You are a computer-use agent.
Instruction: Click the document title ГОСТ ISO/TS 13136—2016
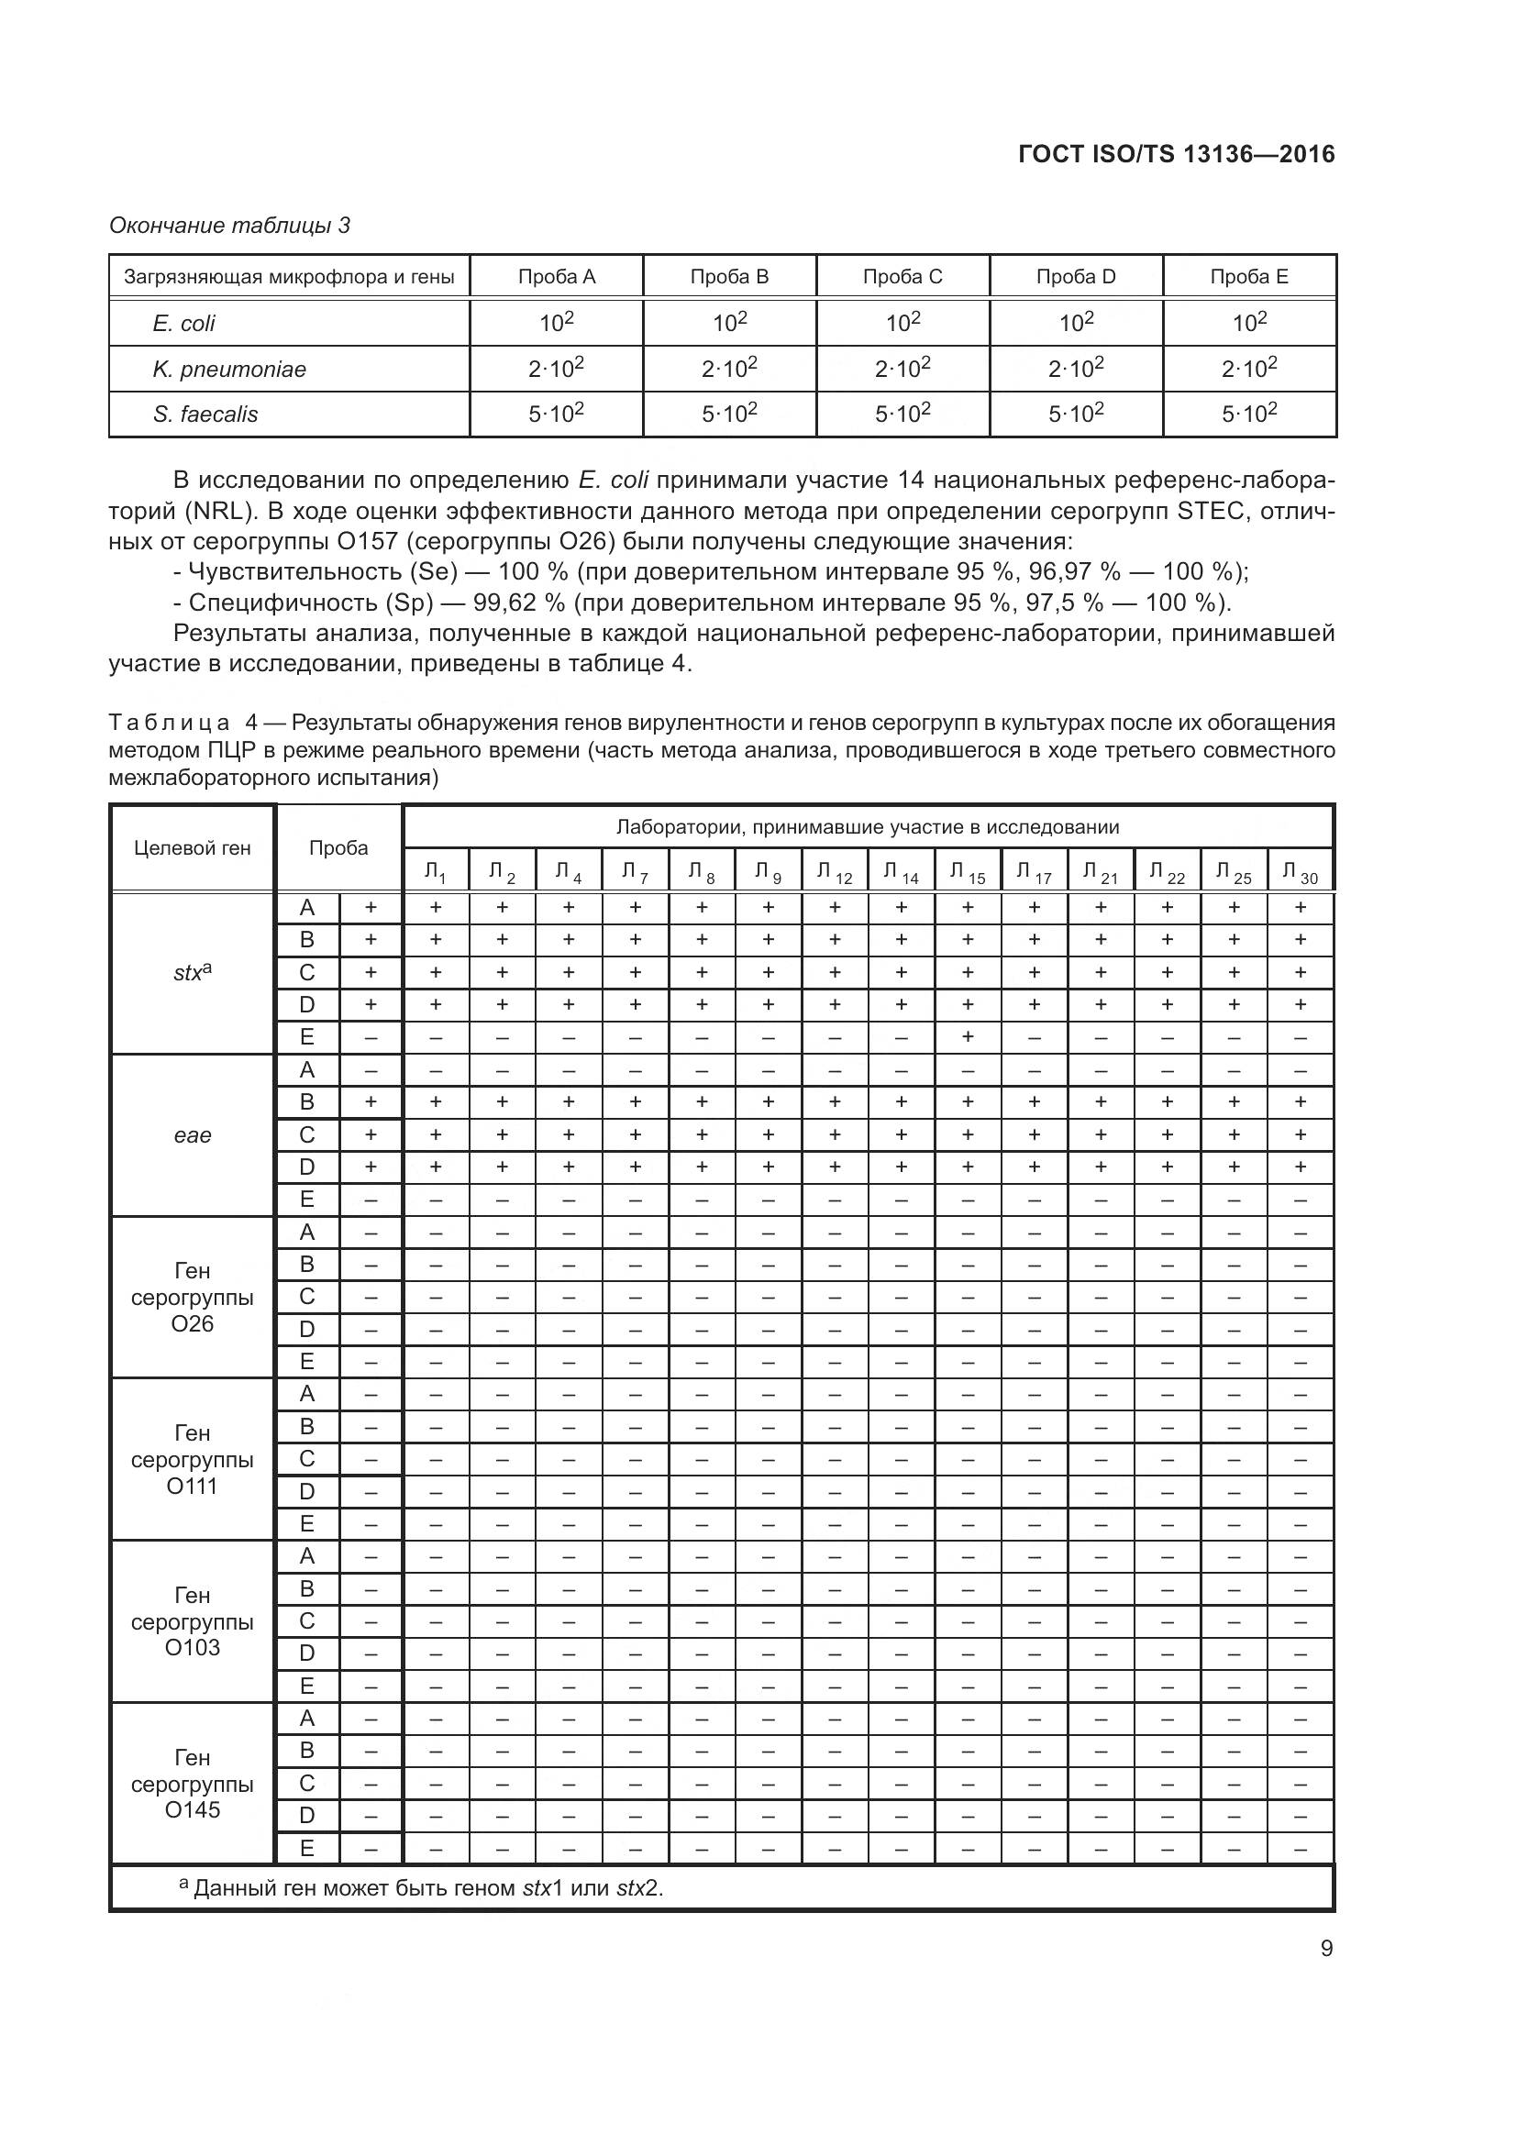(1176, 154)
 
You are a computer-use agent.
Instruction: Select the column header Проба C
(902, 277)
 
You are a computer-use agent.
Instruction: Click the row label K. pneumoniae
(229, 369)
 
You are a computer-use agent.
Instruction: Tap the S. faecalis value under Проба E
(1249, 413)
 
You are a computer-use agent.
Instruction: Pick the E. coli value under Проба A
(556, 323)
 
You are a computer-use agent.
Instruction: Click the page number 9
(1326, 1949)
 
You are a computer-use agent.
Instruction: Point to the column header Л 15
(967, 872)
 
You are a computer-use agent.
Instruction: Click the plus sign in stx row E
(968, 1037)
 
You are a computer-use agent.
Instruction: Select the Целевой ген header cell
(193, 848)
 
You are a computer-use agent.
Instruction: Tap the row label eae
(193, 1135)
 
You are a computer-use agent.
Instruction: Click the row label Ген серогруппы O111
(193, 1459)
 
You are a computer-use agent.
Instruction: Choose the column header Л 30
(1300, 872)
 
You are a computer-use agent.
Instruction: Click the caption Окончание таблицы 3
(230, 226)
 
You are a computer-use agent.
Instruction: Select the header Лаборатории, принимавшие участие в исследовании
(867, 827)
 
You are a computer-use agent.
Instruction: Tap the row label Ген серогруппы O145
(193, 1784)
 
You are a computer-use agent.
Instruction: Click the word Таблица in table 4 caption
(169, 722)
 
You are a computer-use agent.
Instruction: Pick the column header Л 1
(436, 872)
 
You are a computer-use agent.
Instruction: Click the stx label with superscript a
(193, 972)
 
